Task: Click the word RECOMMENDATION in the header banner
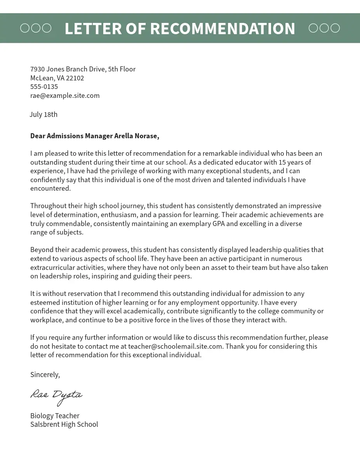223,29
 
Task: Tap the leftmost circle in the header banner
25,28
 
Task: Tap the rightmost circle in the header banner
335,28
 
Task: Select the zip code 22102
75,78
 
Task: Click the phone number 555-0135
44,87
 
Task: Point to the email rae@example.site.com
65,96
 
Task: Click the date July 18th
43,115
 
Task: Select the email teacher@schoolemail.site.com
175,346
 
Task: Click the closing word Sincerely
45,375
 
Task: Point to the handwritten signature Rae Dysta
56,395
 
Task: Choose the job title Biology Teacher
55,416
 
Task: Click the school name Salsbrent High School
64,424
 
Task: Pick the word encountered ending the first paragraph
50,189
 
